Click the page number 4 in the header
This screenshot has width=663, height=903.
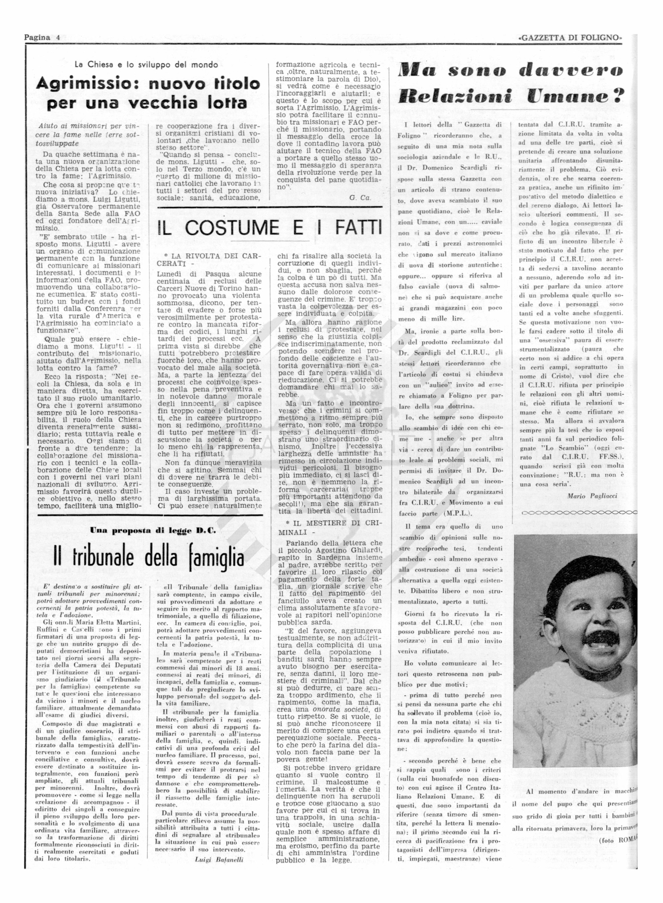(x=58, y=38)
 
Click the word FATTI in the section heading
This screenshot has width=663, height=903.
(x=358, y=228)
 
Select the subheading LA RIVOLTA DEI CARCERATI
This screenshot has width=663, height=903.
(x=209, y=259)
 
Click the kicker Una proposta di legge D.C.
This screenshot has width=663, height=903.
(x=153, y=530)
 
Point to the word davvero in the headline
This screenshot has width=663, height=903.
(x=570, y=71)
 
